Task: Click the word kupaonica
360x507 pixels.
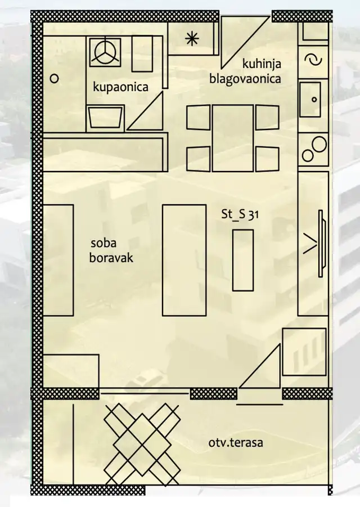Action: click(120, 87)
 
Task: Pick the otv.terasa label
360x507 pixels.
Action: click(236, 443)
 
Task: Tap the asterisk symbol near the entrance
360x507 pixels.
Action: click(192, 38)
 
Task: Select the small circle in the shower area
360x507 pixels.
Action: click(55, 79)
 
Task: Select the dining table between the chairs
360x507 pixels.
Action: click(232, 138)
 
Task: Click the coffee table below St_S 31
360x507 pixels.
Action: click(243, 260)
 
